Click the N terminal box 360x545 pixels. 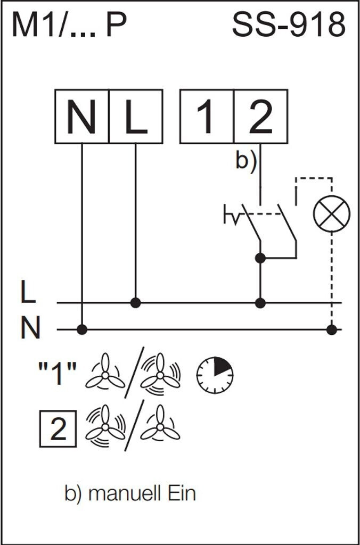coord(81,117)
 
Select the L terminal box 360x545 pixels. coord(136,117)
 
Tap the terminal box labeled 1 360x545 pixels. coord(207,117)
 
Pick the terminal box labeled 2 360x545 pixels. coord(261,117)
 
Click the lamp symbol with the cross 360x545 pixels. coord(331,213)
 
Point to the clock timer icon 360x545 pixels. coord(215,375)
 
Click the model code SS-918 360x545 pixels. coord(289,25)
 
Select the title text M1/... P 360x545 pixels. coord(69,25)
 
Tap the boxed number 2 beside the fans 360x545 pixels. coord(59,428)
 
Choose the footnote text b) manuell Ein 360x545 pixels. coord(130,494)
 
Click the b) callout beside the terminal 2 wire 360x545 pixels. coord(246,161)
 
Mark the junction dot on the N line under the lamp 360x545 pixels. coord(332,329)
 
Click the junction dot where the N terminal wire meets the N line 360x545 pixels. coord(81,329)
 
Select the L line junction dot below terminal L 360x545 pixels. coord(136,303)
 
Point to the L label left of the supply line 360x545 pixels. coord(28,294)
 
